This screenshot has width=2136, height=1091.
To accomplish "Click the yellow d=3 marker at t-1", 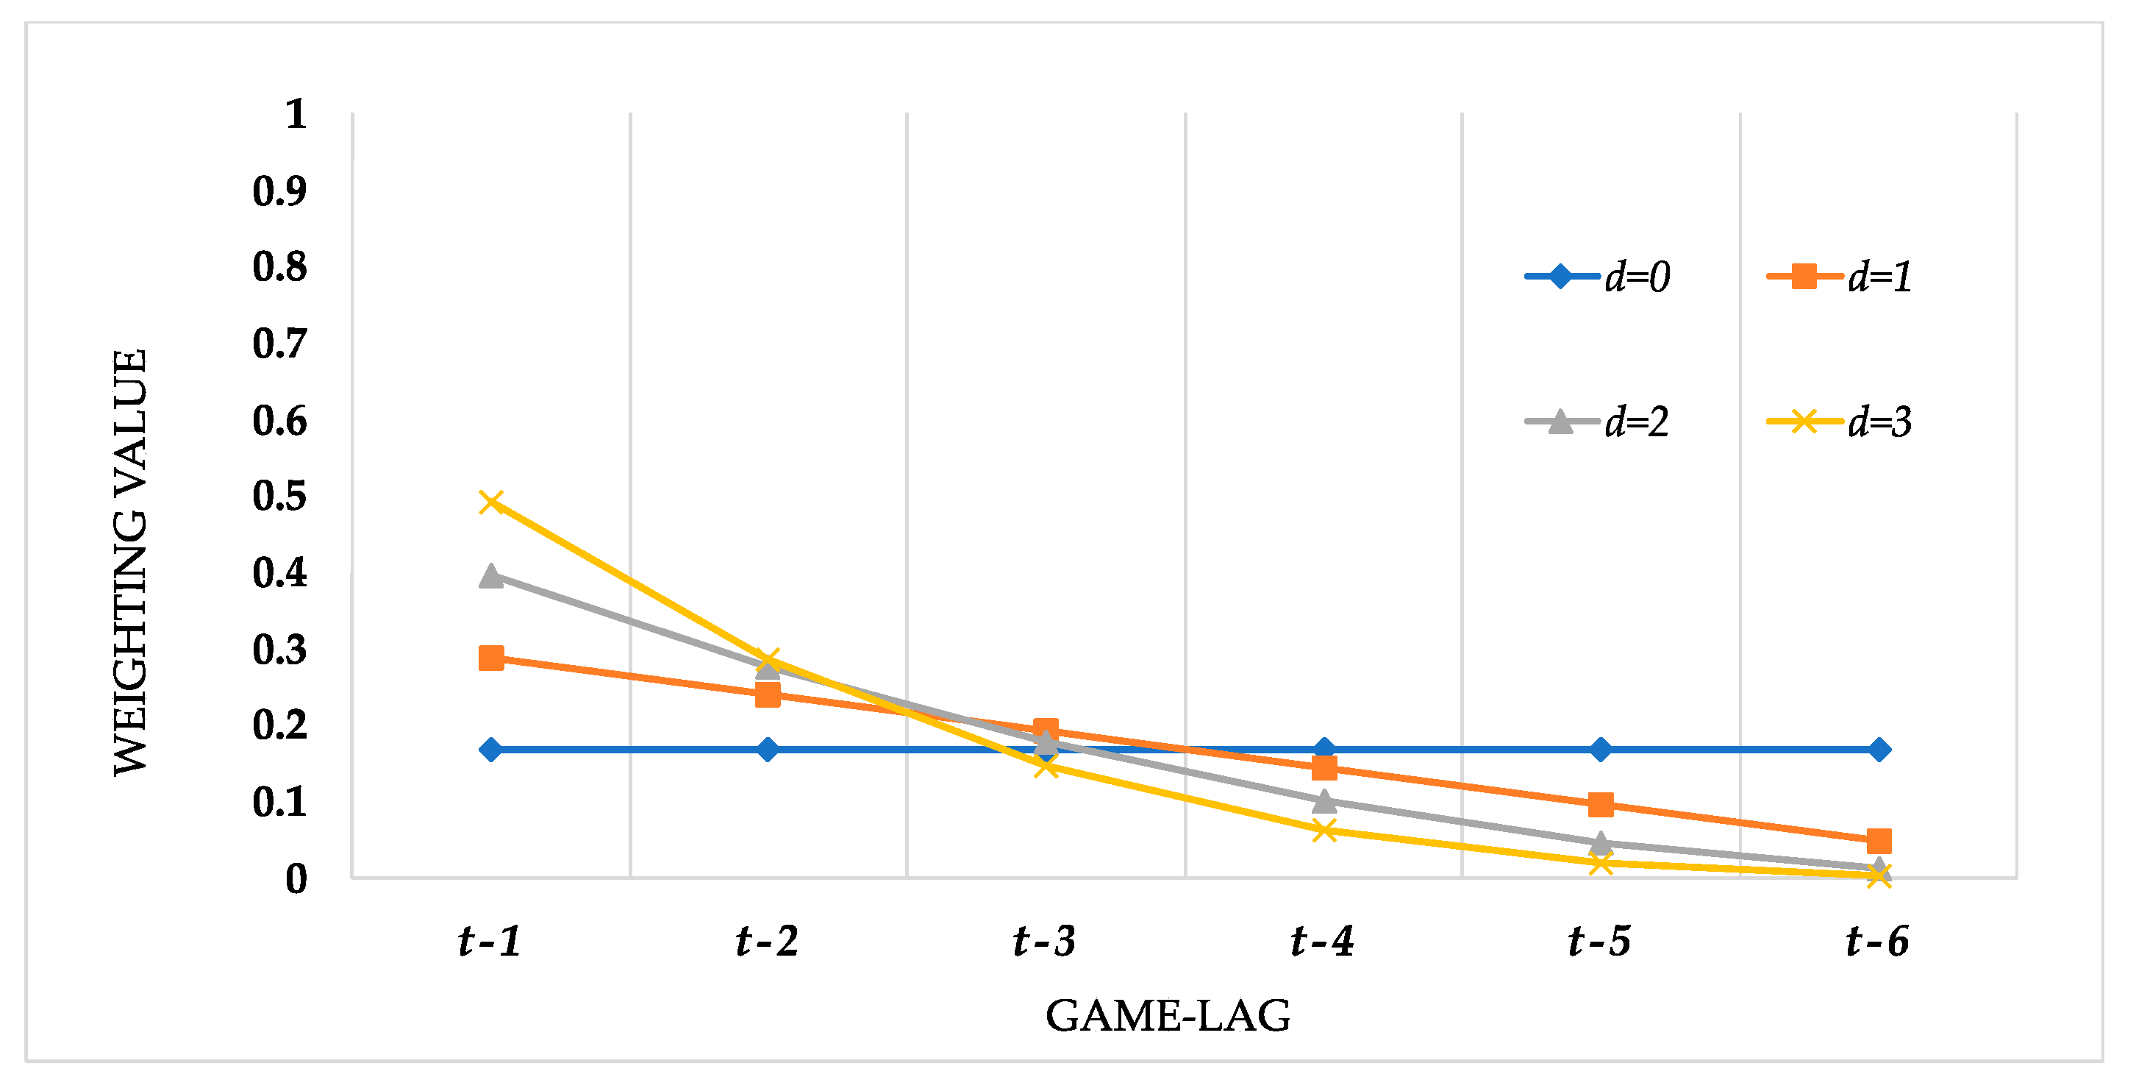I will [492, 502].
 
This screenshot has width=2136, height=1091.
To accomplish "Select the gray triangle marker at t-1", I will [492, 576].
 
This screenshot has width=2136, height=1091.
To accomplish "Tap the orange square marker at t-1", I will [492, 658].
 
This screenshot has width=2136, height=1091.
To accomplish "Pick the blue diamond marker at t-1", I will [492, 750].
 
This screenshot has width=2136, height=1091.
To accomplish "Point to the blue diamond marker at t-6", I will [1879, 750].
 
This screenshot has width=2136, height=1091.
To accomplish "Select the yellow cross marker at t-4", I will [1324, 830].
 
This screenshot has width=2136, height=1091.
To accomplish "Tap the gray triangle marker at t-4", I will [1324, 800].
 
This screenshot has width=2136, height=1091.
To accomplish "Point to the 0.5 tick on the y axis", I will [279, 496].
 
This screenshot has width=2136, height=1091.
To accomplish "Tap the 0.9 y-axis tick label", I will [279, 191].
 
